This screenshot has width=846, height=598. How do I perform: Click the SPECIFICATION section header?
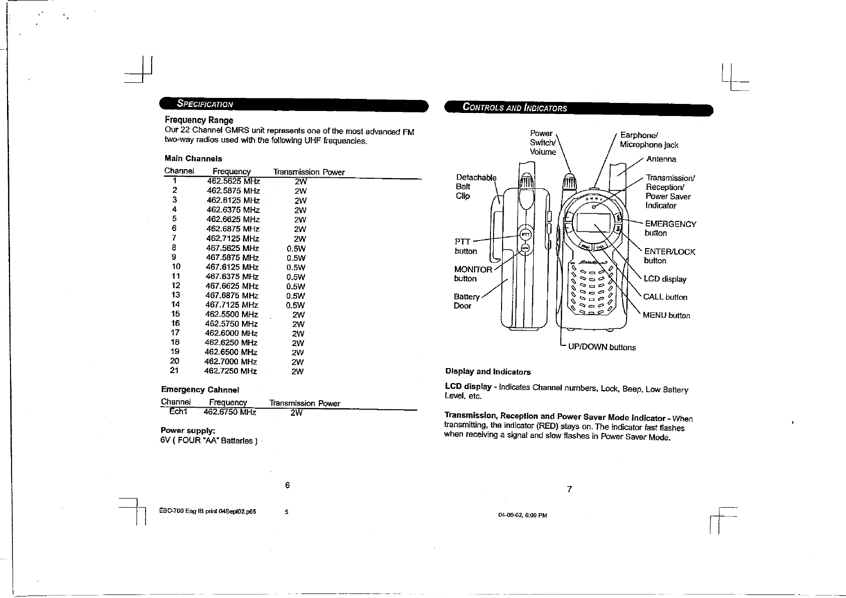pos(205,104)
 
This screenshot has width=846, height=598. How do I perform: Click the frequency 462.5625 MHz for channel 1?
pos(233,181)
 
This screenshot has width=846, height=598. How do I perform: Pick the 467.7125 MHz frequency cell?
pos(232,305)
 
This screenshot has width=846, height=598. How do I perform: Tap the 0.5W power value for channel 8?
pos(296,249)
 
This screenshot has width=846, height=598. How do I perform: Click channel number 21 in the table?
pos(175,371)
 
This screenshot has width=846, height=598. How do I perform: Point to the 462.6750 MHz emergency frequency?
pos(230,412)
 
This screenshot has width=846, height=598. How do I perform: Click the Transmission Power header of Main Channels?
pos(309,172)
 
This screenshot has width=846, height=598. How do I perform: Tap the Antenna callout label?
pos(661,159)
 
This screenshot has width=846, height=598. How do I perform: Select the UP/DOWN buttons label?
pos(601,347)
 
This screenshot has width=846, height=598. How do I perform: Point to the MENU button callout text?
pos(666,316)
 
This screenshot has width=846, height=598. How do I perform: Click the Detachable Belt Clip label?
pos(474,186)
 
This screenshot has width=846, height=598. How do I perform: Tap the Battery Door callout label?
pos(466,301)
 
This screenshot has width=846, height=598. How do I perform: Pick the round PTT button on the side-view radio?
pos(525,234)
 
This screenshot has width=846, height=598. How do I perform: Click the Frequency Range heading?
pos(199,120)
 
